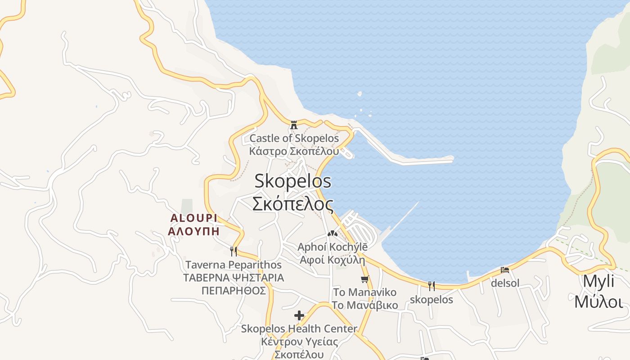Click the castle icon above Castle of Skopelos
click(x=294, y=125)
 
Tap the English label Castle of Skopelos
click(x=294, y=138)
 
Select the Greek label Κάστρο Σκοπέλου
click(x=294, y=151)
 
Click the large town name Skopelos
click(x=293, y=181)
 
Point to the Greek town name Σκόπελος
click(x=293, y=204)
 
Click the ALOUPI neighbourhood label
click(x=193, y=218)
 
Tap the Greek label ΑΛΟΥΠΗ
click(x=193, y=232)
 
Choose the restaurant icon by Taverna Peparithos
click(x=233, y=251)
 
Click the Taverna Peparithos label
click(x=234, y=265)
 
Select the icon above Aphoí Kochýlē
click(x=332, y=234)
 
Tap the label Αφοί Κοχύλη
click(x=332, y=260)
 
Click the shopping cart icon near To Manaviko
click(x=365, y=279)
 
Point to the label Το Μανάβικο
click(x=365, y=305)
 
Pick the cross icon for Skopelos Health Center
click(x=299, y=315)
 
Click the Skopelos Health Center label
click(x=299, y=329)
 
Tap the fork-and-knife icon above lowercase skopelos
click(x=432, y=286)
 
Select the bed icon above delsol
click(x=505, y=270)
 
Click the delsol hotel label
click(x=505, y=283)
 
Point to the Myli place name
click(x=598, y=281)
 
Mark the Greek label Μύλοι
click(x=598, y=301)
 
